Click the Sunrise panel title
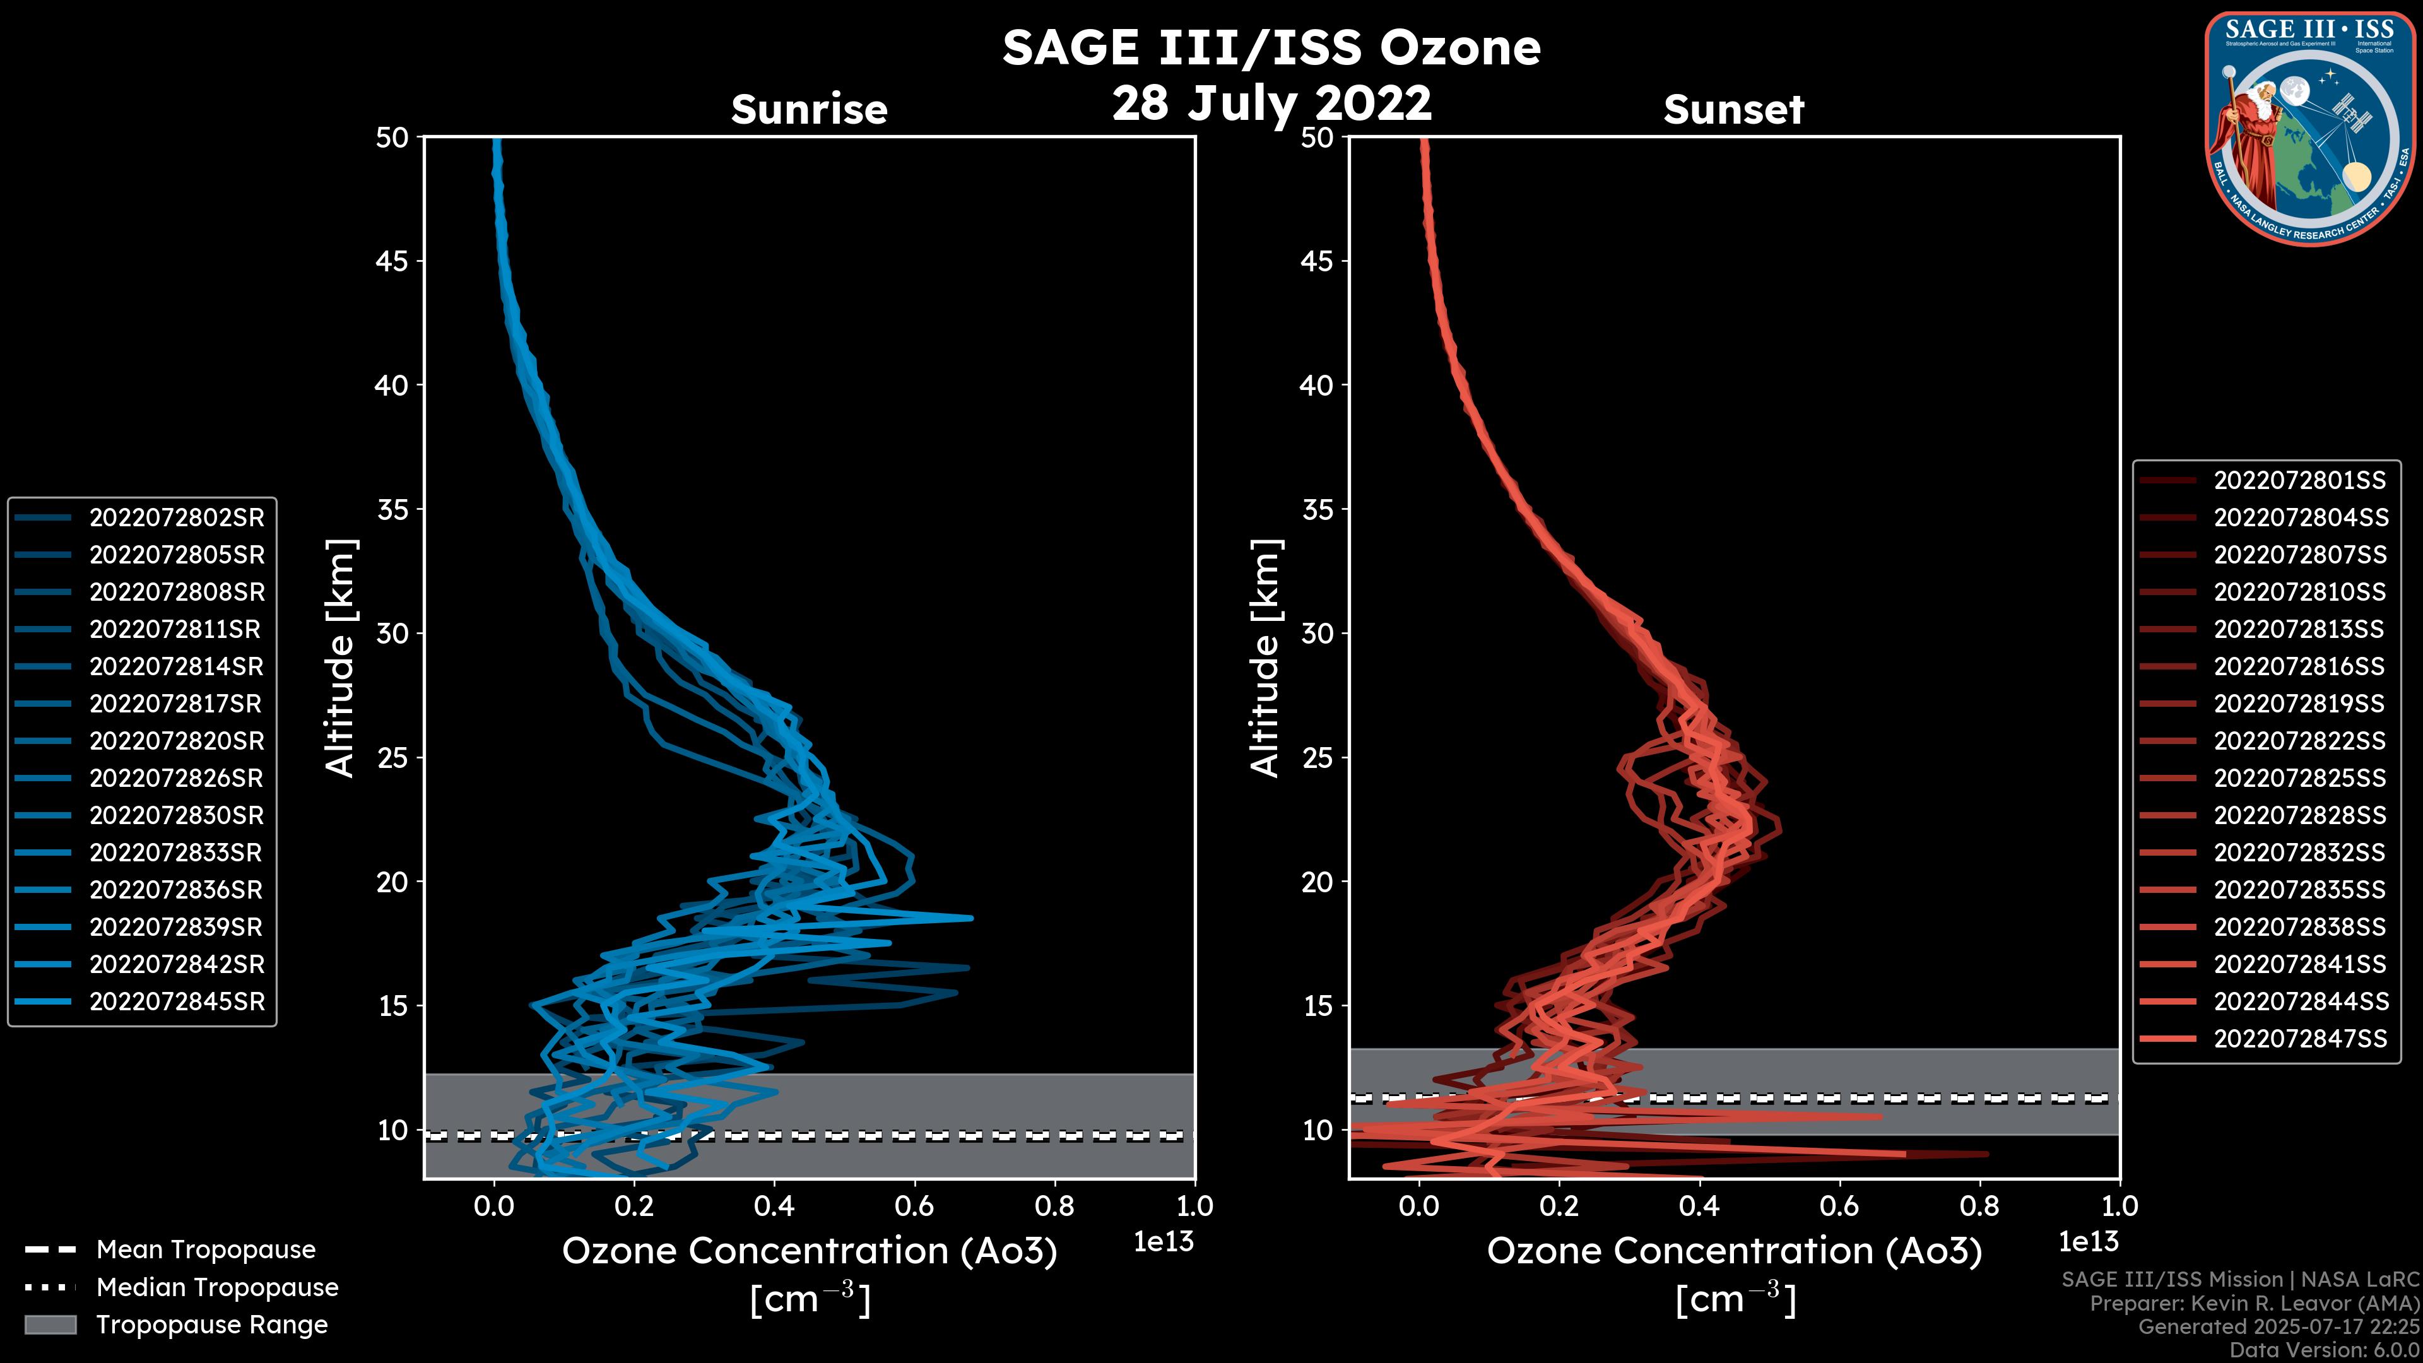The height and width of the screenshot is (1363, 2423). (x=809, y=109)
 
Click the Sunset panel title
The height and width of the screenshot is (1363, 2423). (x=1733, y=109)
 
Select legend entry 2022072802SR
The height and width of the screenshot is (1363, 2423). (x=177, y=517)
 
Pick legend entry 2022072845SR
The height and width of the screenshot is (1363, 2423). (x=177, y=1002)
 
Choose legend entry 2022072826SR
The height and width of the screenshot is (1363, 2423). (x=177, y=778)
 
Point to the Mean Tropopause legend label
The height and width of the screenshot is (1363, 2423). (x=206, y=1249)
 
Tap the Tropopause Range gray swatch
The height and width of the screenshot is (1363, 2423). (x=50, y=1325)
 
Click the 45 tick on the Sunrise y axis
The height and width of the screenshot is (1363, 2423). (x=392, y=261)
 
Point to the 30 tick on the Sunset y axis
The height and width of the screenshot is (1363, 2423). (x=1318, y=633)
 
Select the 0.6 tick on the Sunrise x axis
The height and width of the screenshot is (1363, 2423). (x=914, y=1205)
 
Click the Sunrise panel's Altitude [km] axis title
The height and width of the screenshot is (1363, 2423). (x=339, y=658)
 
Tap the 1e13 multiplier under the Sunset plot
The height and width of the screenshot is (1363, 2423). (x=2088, y=1242)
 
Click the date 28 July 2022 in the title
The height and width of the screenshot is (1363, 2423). (x=1271, y=102)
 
